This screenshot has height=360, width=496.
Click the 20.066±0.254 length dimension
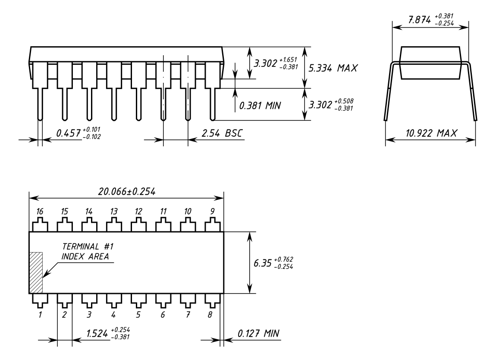[x=126, y=192]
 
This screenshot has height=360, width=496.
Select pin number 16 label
[x=40, y=211]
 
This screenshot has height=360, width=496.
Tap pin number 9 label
[x=212, y=211]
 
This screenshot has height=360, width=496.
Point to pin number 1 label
[x=40, y=315]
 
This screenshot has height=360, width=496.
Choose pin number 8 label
[x=210, y=315]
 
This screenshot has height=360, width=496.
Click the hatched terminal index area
[x=36, y=273]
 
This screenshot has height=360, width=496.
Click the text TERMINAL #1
[x=88, y=246]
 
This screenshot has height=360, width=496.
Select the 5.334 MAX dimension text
[x=333, y=68]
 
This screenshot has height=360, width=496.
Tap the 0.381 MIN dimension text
[x=260, y=105]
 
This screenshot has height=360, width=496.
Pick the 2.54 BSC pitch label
[x=222, y=133]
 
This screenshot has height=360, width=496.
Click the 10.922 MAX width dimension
[x=431, y=133]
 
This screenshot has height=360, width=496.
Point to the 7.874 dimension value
[x=420, y=19]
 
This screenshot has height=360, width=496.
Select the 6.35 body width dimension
[x=263, y=263]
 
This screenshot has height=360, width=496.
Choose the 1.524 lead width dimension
[x=97, y=333]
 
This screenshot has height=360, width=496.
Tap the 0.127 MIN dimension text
[x=258, y=333]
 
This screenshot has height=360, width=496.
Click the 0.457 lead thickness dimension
[x=68, y=133]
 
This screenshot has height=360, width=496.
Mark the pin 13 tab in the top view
[x=114, y=224]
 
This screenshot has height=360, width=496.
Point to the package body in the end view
[x=430, y=63]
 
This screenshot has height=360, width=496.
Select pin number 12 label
[x=138, y=211]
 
